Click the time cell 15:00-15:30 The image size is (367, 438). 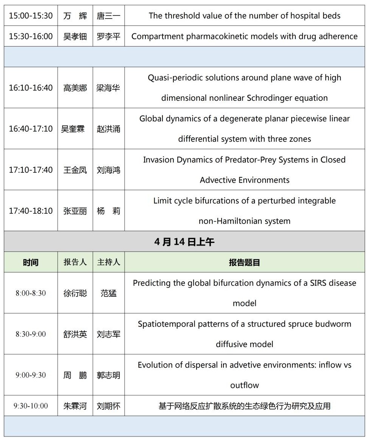(x=31, y=16)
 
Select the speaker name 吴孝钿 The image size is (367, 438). (x=75, y=36)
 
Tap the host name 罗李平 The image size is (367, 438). (x=108, y=36)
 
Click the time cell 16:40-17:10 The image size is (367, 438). (x=31, y=129)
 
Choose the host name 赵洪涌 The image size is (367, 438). (x=108, y=129)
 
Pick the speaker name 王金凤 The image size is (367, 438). (x=75, y=170)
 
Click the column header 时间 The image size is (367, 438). (x=31, y=262)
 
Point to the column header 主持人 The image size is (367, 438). (x=108, y=262)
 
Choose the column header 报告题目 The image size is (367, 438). (x=244, y=262)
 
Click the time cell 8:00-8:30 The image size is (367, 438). (x=31, y=293)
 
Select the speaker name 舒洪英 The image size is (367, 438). (x=75, y=334)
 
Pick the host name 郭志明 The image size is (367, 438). (x=108, y=375)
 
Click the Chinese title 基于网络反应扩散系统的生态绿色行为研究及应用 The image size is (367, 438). (x=244, y=406)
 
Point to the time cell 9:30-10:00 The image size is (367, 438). (x=31, y=406)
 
